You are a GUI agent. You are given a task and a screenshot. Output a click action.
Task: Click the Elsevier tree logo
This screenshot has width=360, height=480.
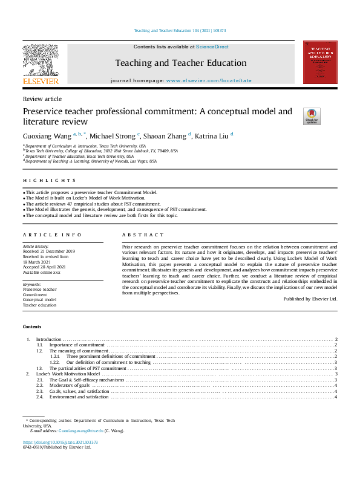pyautogui.click(x=41, y=60)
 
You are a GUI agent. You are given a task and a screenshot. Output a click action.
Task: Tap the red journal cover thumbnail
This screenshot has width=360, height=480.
pyautogui.click(x=319, y=62)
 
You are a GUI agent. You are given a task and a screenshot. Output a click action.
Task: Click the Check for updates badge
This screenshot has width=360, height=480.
pyautogui.click(x=312, y=116)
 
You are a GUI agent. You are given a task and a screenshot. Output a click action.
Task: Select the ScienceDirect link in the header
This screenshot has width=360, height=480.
pyautogui.click(x=212, y=47)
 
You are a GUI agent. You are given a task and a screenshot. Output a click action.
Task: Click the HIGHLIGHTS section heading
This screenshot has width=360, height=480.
pyautogui.click(x=50, y=180)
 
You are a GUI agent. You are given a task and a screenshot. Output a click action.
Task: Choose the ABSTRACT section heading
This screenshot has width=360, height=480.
pyautogui.click(x=143, y=235)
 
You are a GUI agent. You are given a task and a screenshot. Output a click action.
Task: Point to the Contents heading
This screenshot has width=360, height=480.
pyautogui.click(x=32, y=326)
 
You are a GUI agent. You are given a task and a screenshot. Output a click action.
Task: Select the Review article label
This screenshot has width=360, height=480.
pyautogui.click(x=42, y=99)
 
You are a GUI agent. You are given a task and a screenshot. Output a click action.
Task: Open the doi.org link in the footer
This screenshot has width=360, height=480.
pyautogui.click(x=60, y=442)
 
